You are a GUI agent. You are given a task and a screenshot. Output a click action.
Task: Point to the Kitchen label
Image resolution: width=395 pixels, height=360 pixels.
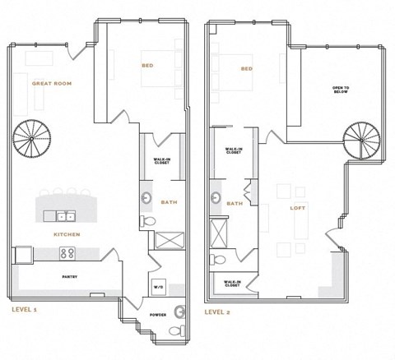click(x=66, y=235)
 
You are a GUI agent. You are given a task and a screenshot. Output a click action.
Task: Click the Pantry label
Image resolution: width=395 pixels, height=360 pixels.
click(x=69, y=276)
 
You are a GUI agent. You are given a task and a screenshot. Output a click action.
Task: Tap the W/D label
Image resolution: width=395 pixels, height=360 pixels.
click(x=158, y=287)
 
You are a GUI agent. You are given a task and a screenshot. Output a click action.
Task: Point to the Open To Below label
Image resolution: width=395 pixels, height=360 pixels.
click(x=341, y=88)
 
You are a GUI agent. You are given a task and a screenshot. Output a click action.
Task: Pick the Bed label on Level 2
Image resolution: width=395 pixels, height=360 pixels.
click(x=246, y=69)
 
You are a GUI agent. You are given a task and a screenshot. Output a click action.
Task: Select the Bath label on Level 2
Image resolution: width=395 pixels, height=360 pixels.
click(x=234, y=203)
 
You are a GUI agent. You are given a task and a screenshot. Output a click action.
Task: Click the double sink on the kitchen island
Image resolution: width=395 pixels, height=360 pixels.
click(x=67, y=217)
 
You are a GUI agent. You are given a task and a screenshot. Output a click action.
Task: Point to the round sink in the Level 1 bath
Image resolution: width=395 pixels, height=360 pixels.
click(x=146, y=198)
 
